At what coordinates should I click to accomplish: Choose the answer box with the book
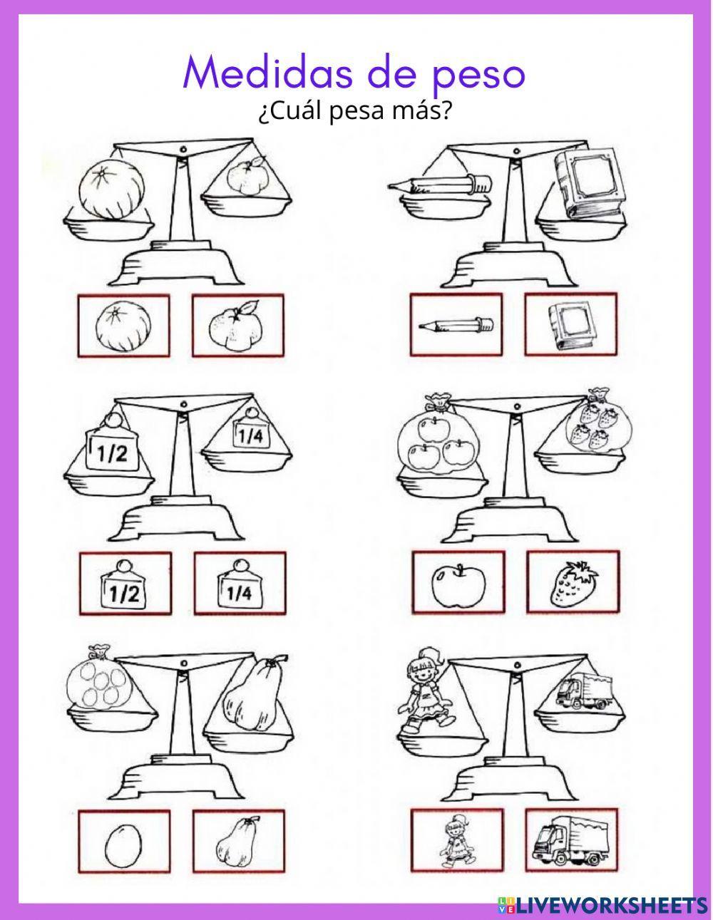[570, 325]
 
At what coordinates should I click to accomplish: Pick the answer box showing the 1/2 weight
[125, 584]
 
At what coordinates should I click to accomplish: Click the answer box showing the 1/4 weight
[240, 583]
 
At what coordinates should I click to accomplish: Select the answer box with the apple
[458, 582]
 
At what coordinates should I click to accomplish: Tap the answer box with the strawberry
[573, 582]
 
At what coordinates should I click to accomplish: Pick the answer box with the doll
[456, 840]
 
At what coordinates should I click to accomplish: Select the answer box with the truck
[572, 840]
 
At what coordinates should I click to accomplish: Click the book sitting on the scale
[584, 184]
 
